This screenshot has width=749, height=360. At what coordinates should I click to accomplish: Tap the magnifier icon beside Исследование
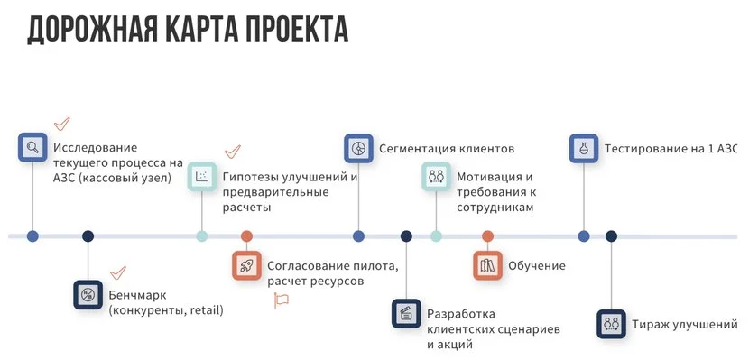point(32,147)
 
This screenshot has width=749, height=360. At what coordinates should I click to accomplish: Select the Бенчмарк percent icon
point(88,295)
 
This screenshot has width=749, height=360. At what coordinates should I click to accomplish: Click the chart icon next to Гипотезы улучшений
point(202,177)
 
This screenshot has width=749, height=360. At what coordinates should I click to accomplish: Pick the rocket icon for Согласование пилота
point(245,265)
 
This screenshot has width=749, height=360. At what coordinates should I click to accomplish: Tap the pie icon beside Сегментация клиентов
point(358,148)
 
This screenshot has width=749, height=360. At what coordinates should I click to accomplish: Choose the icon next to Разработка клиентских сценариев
point(406,314)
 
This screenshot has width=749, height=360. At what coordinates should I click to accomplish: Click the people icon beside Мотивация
point(436,176)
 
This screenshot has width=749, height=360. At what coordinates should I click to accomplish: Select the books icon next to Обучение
point(487,265)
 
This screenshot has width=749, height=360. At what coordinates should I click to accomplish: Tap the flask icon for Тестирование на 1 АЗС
point(584,148)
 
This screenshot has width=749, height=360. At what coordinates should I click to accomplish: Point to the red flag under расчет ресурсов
point(281,300)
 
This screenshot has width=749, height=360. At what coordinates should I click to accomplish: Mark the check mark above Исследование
point(62,123)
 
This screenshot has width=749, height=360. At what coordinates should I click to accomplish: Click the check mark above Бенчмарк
point(117,271)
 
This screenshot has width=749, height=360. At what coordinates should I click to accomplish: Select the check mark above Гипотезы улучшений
point(232,152)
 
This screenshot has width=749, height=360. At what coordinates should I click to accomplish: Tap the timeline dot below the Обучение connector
point(487,236)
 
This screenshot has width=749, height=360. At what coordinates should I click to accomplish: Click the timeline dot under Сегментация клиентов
point(358,236)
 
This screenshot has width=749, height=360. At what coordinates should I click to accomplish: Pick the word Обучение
point(537,265)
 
